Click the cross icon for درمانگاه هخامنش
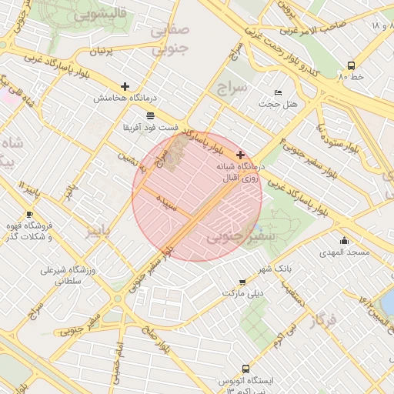(125, 86)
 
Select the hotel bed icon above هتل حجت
(278, 93)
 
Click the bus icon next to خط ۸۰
(351, 65)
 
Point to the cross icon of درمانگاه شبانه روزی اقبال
(241, 155)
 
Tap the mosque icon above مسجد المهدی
(343, 241)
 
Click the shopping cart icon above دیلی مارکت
(243, 282)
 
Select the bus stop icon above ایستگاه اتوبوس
(245, 369)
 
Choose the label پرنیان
(108, 52)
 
